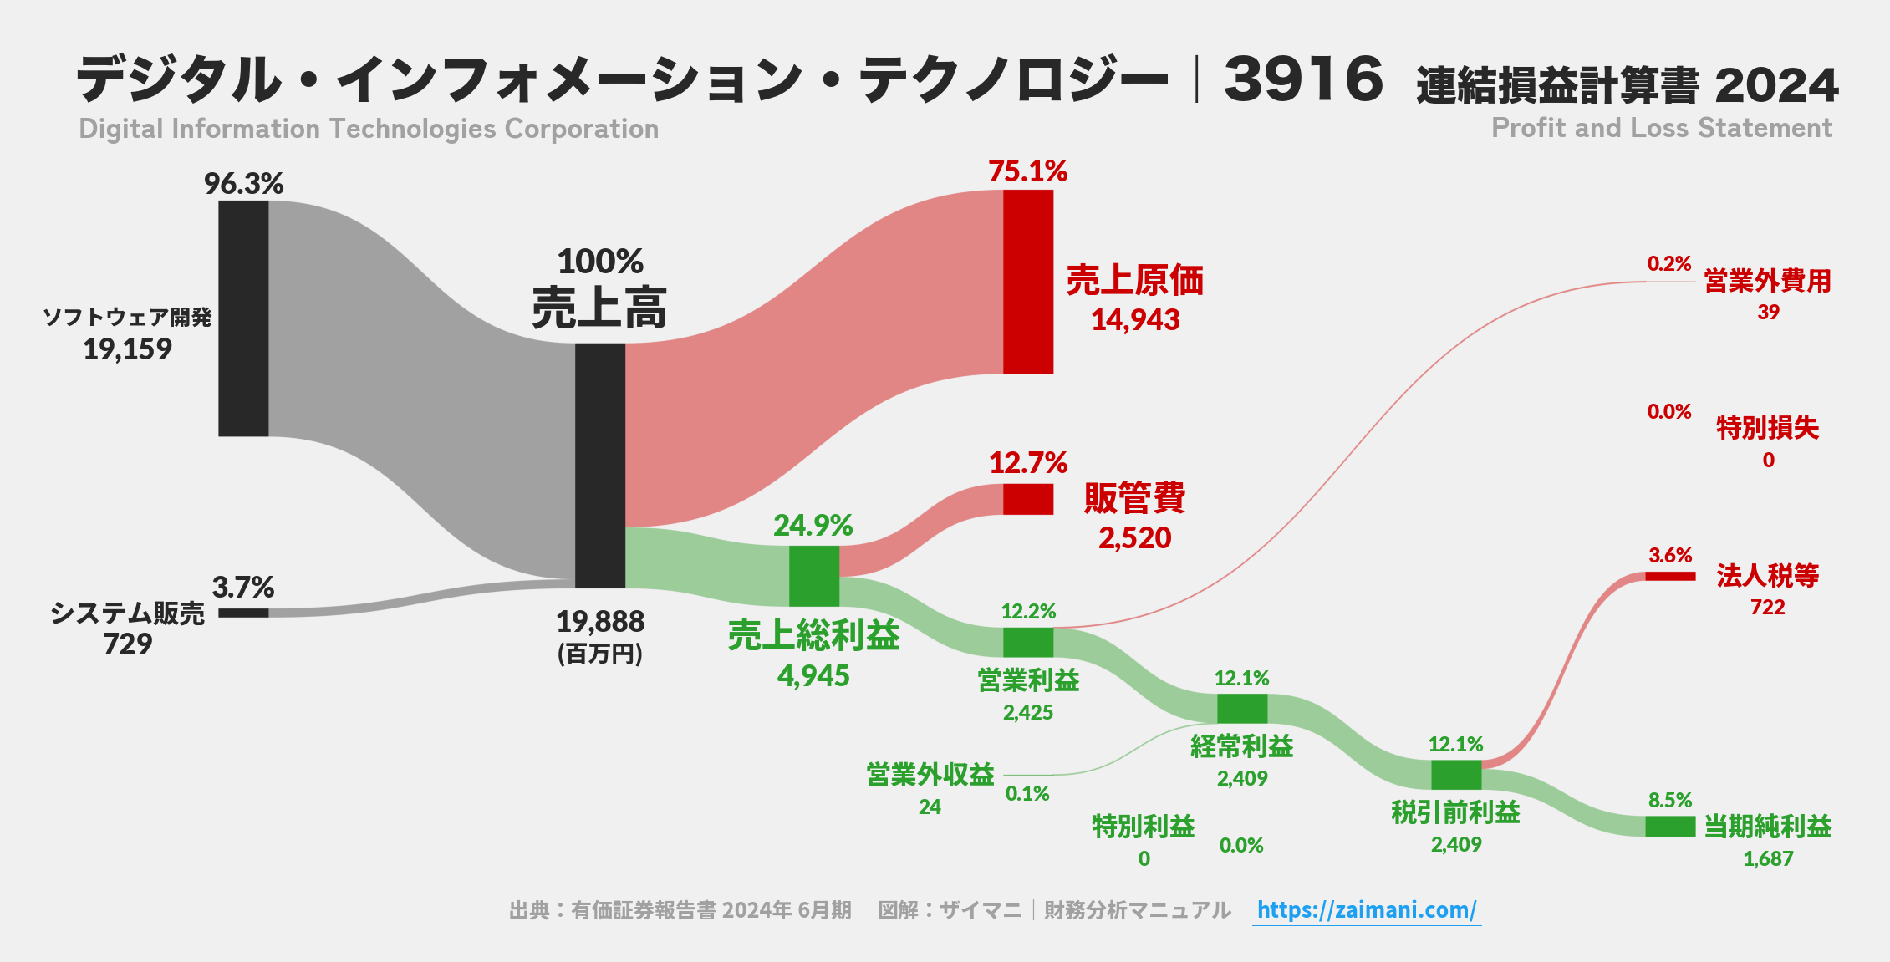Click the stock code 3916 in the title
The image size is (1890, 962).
[1303, 79]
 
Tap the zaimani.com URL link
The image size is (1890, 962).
[1366, 909]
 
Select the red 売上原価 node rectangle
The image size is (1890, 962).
[1028, 282]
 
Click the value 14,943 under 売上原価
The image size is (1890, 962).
[1135, 320]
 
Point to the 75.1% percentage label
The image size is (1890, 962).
[1027, 171]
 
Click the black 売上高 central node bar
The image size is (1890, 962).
[600, 465]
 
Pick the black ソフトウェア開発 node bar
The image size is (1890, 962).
[243, 318]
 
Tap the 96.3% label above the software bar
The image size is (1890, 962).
[243, 184]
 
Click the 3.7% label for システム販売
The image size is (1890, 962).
[242, 588]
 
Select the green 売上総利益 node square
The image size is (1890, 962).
[814, 576]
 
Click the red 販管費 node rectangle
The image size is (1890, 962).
[1028, 499]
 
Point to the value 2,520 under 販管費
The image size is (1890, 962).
[1134, 538]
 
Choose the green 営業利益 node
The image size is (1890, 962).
[1028, 642]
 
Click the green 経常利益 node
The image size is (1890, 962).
[1241, 709]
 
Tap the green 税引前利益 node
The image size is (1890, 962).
[1455, 775]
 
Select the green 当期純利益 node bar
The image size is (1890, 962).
[1669, 827]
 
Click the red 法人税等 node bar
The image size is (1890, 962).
[1669, 576]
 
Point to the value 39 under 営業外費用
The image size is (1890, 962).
[1768, 313]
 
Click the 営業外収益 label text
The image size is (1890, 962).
[930, 775]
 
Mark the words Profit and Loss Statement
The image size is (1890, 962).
[1661, 128]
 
